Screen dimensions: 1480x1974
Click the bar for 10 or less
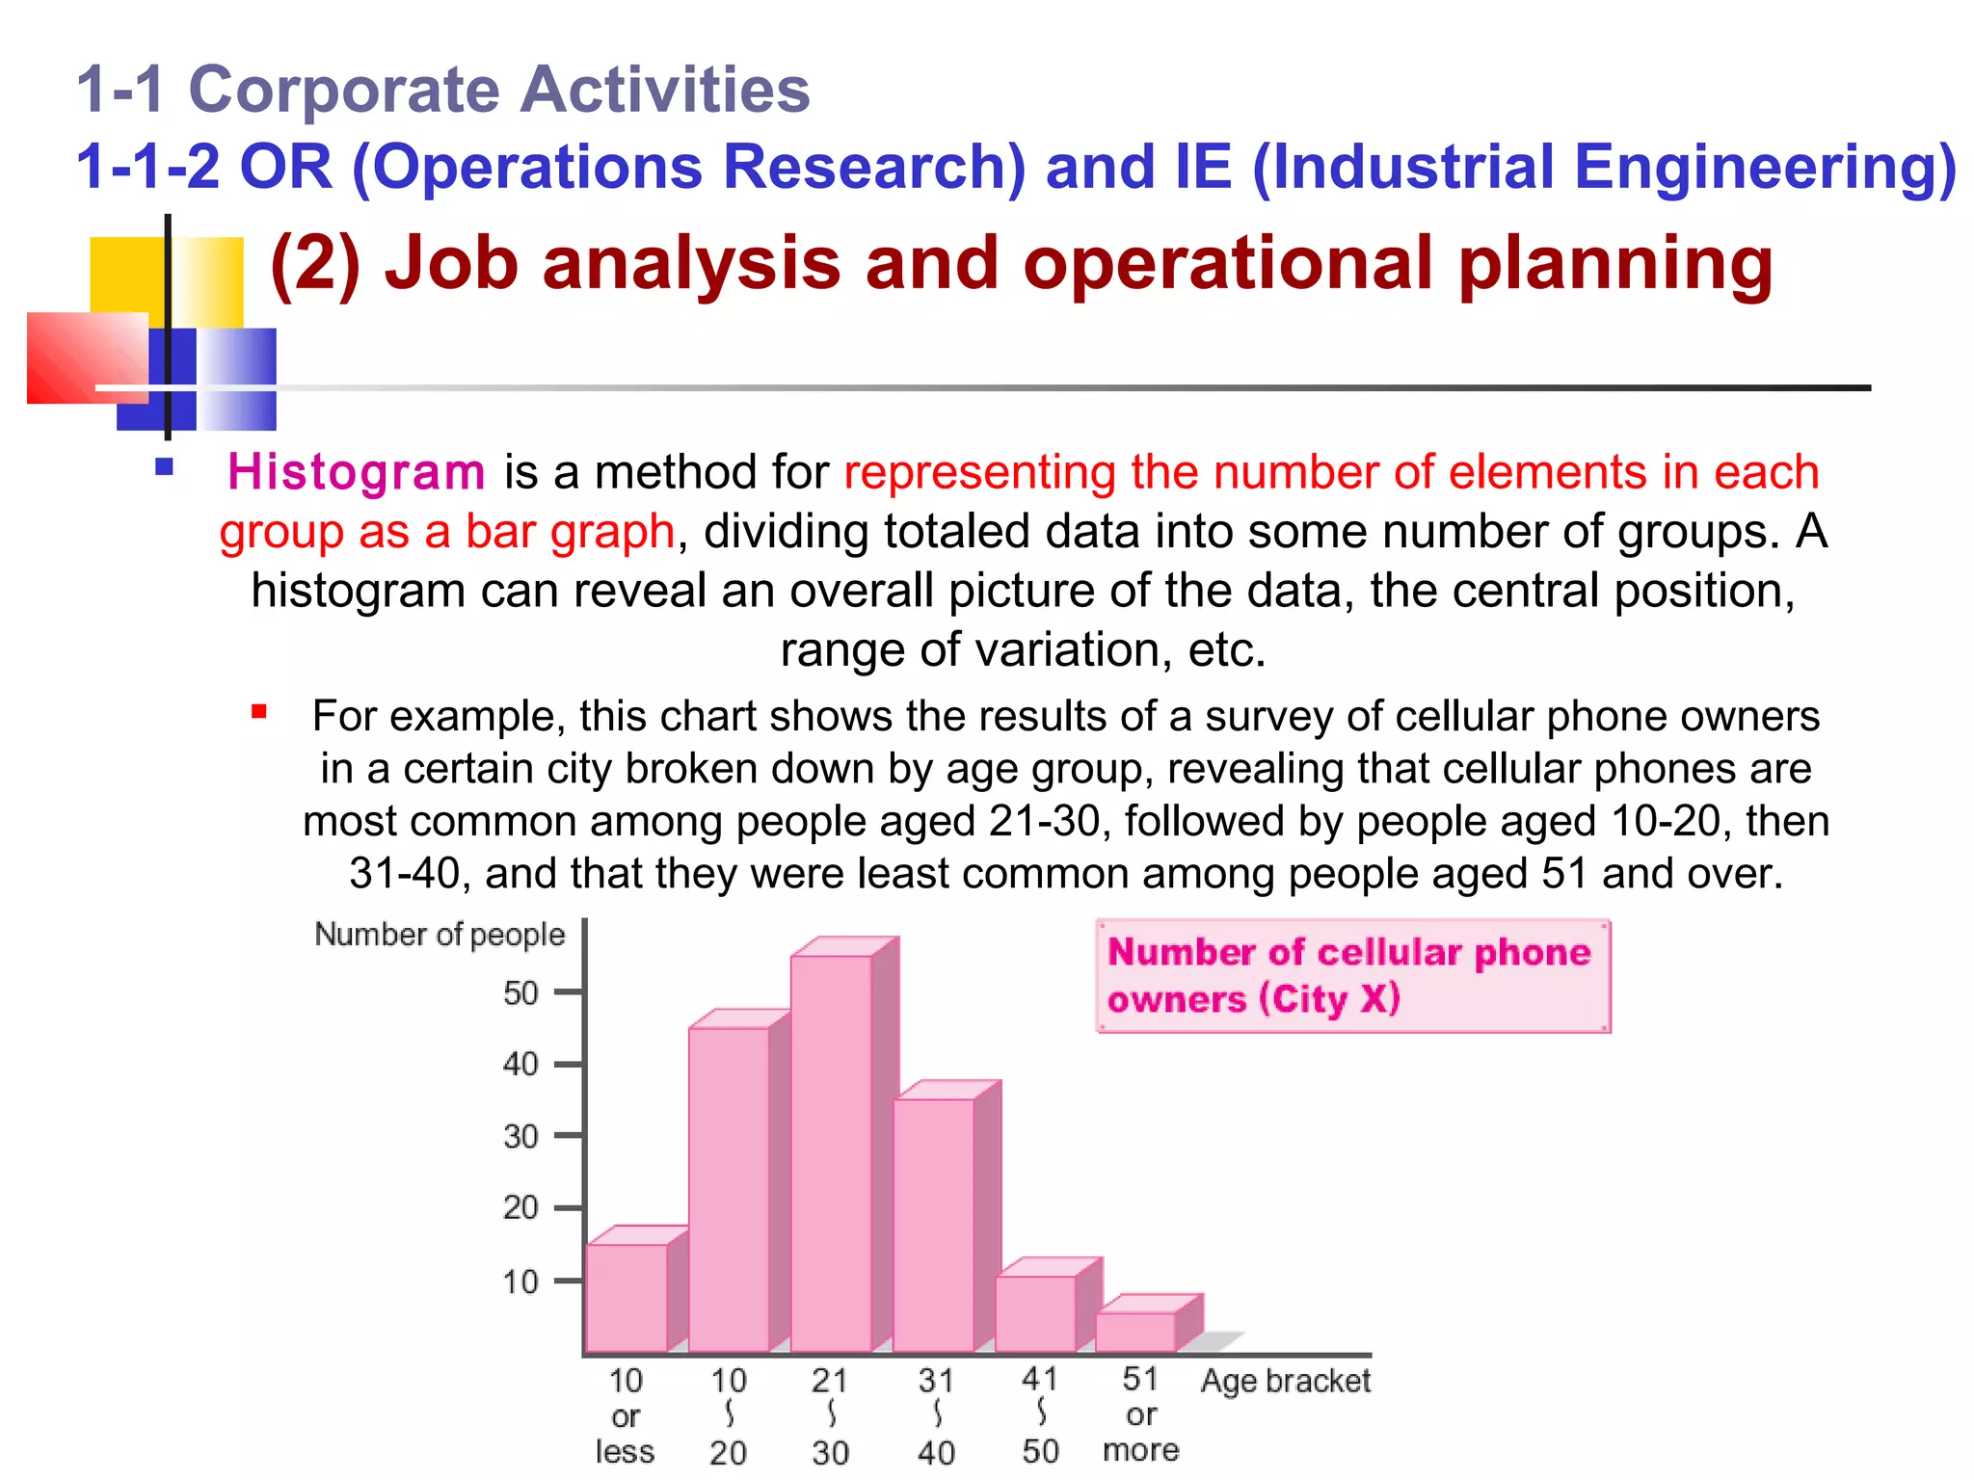click(x=627, y=1297)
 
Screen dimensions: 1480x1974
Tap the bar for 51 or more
click(x=1135, y=1332)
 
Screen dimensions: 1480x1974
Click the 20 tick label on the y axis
click(x=520, y=1207)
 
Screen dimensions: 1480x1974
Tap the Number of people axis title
click(x=440, y=935)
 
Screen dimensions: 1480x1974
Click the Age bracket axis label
click(x=1285, y=1381)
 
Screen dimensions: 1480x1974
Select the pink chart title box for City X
click(x=1353, y=976)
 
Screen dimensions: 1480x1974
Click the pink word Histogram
click(x=356, y=472)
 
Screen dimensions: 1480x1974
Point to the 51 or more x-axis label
click(x=1140, y=1414)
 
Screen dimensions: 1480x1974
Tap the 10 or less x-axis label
click(x=626, y=1415)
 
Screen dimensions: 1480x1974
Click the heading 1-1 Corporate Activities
click(x=443, y=90)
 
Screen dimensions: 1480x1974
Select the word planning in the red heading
click(x=1615, y=263)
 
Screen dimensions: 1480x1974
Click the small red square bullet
click(x=258, y=713)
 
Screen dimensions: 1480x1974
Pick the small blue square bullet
click(x=164, y=468)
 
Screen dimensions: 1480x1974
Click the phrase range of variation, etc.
click(x=1023, y=650)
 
